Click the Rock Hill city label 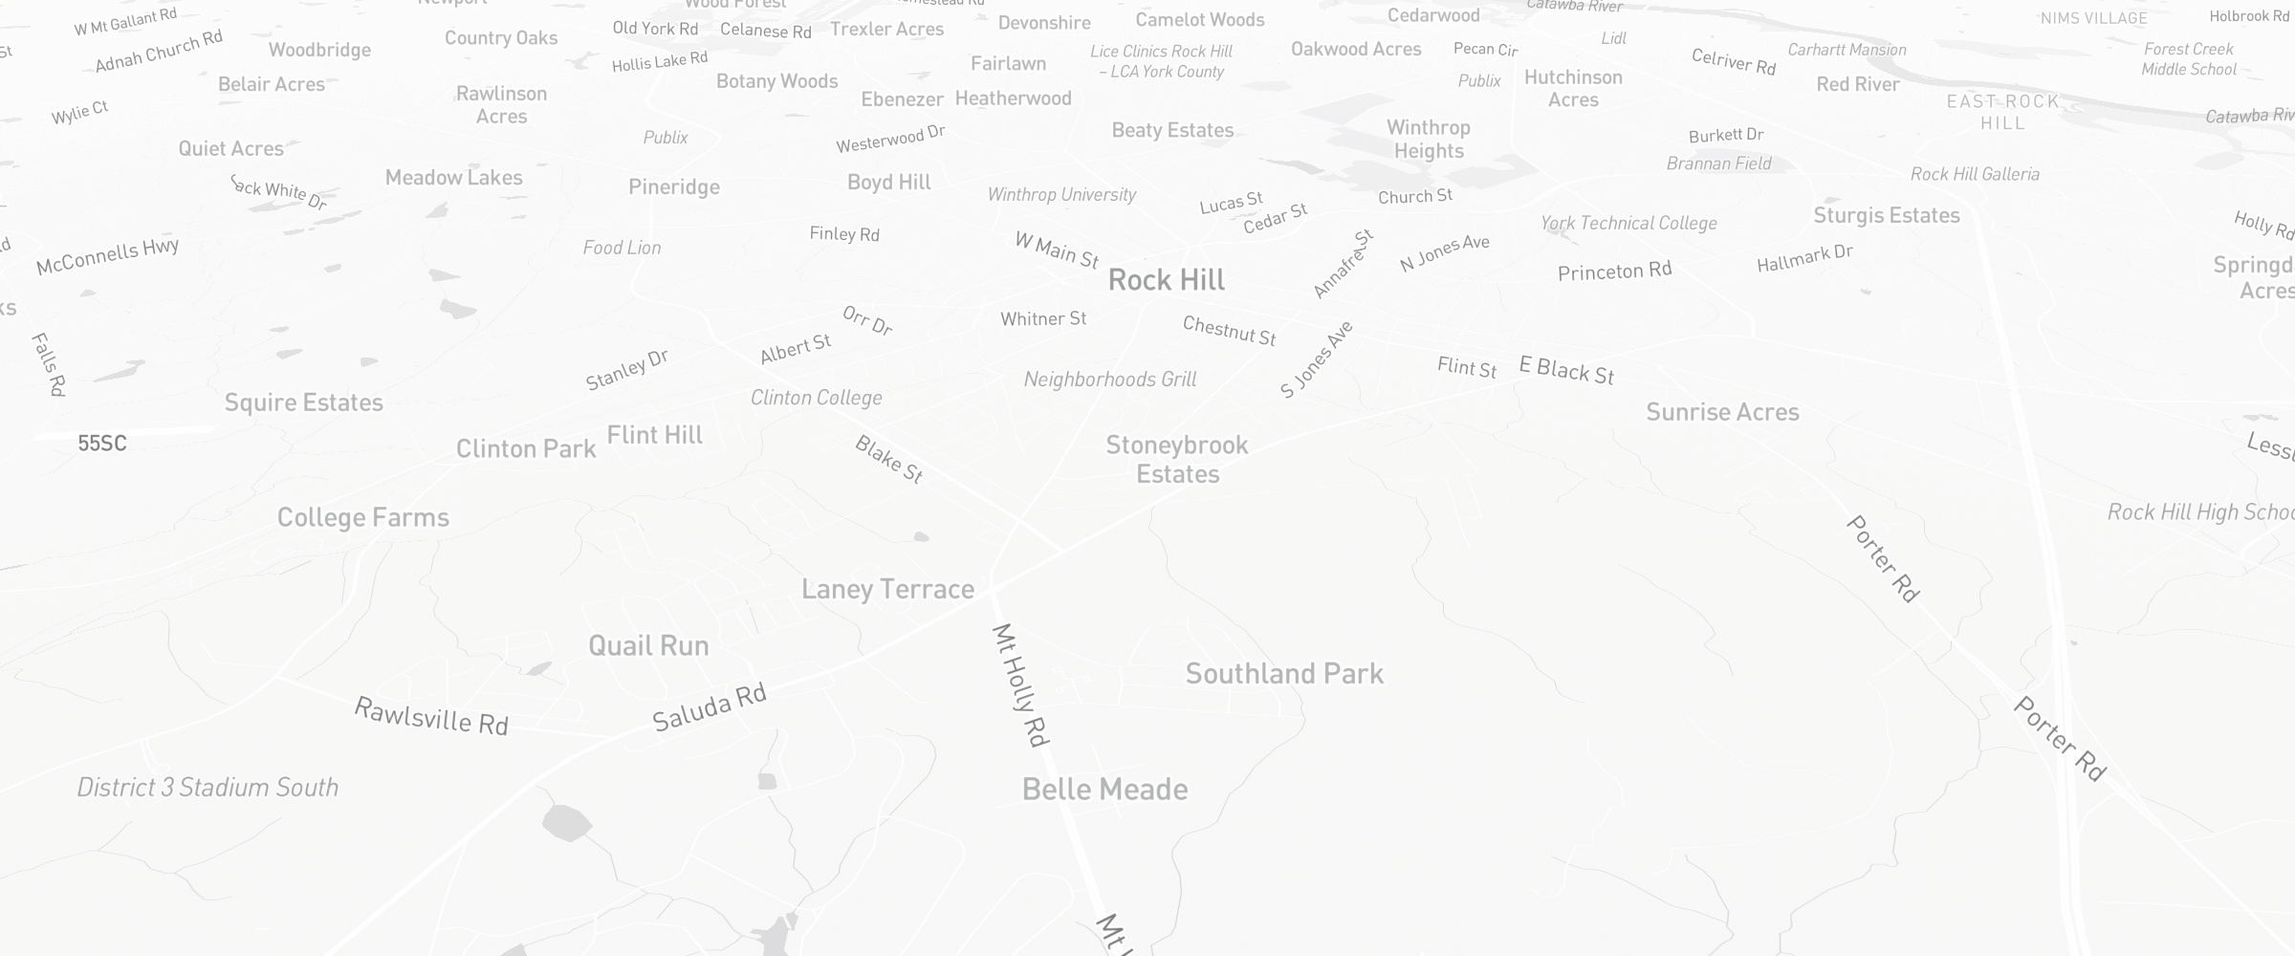[1167, 280]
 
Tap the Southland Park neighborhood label [1284, 674]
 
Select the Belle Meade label [1104, 790]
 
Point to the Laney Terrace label [887, 589]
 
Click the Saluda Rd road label [710, 708]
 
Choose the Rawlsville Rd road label [430, 716]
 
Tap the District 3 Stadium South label [208, 788]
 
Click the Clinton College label [816, 398]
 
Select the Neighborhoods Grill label [1109, 380]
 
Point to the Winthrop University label [1061, 195]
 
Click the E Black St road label [1566, 370]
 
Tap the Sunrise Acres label [1722, 412]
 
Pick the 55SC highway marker [102, 444]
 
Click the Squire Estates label [303, 402]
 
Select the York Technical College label [1628, 224]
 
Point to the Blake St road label [888, 459]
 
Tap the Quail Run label [648, 646]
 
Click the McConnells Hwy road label [107, 256]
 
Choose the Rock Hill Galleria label [1975, 174]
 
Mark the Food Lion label [622, 248]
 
